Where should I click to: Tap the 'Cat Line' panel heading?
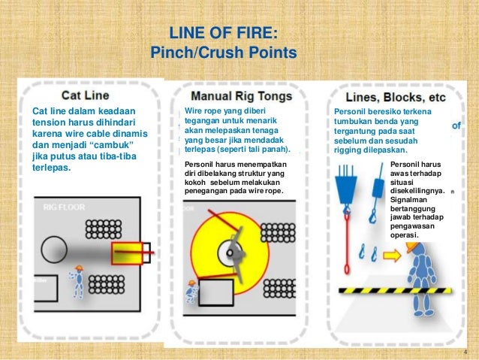[x=85, y=95]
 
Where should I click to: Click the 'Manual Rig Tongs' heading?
[x=232, y=97]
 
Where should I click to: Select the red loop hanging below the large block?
[x=347, y=248]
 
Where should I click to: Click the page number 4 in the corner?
[x=466, y=352]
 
